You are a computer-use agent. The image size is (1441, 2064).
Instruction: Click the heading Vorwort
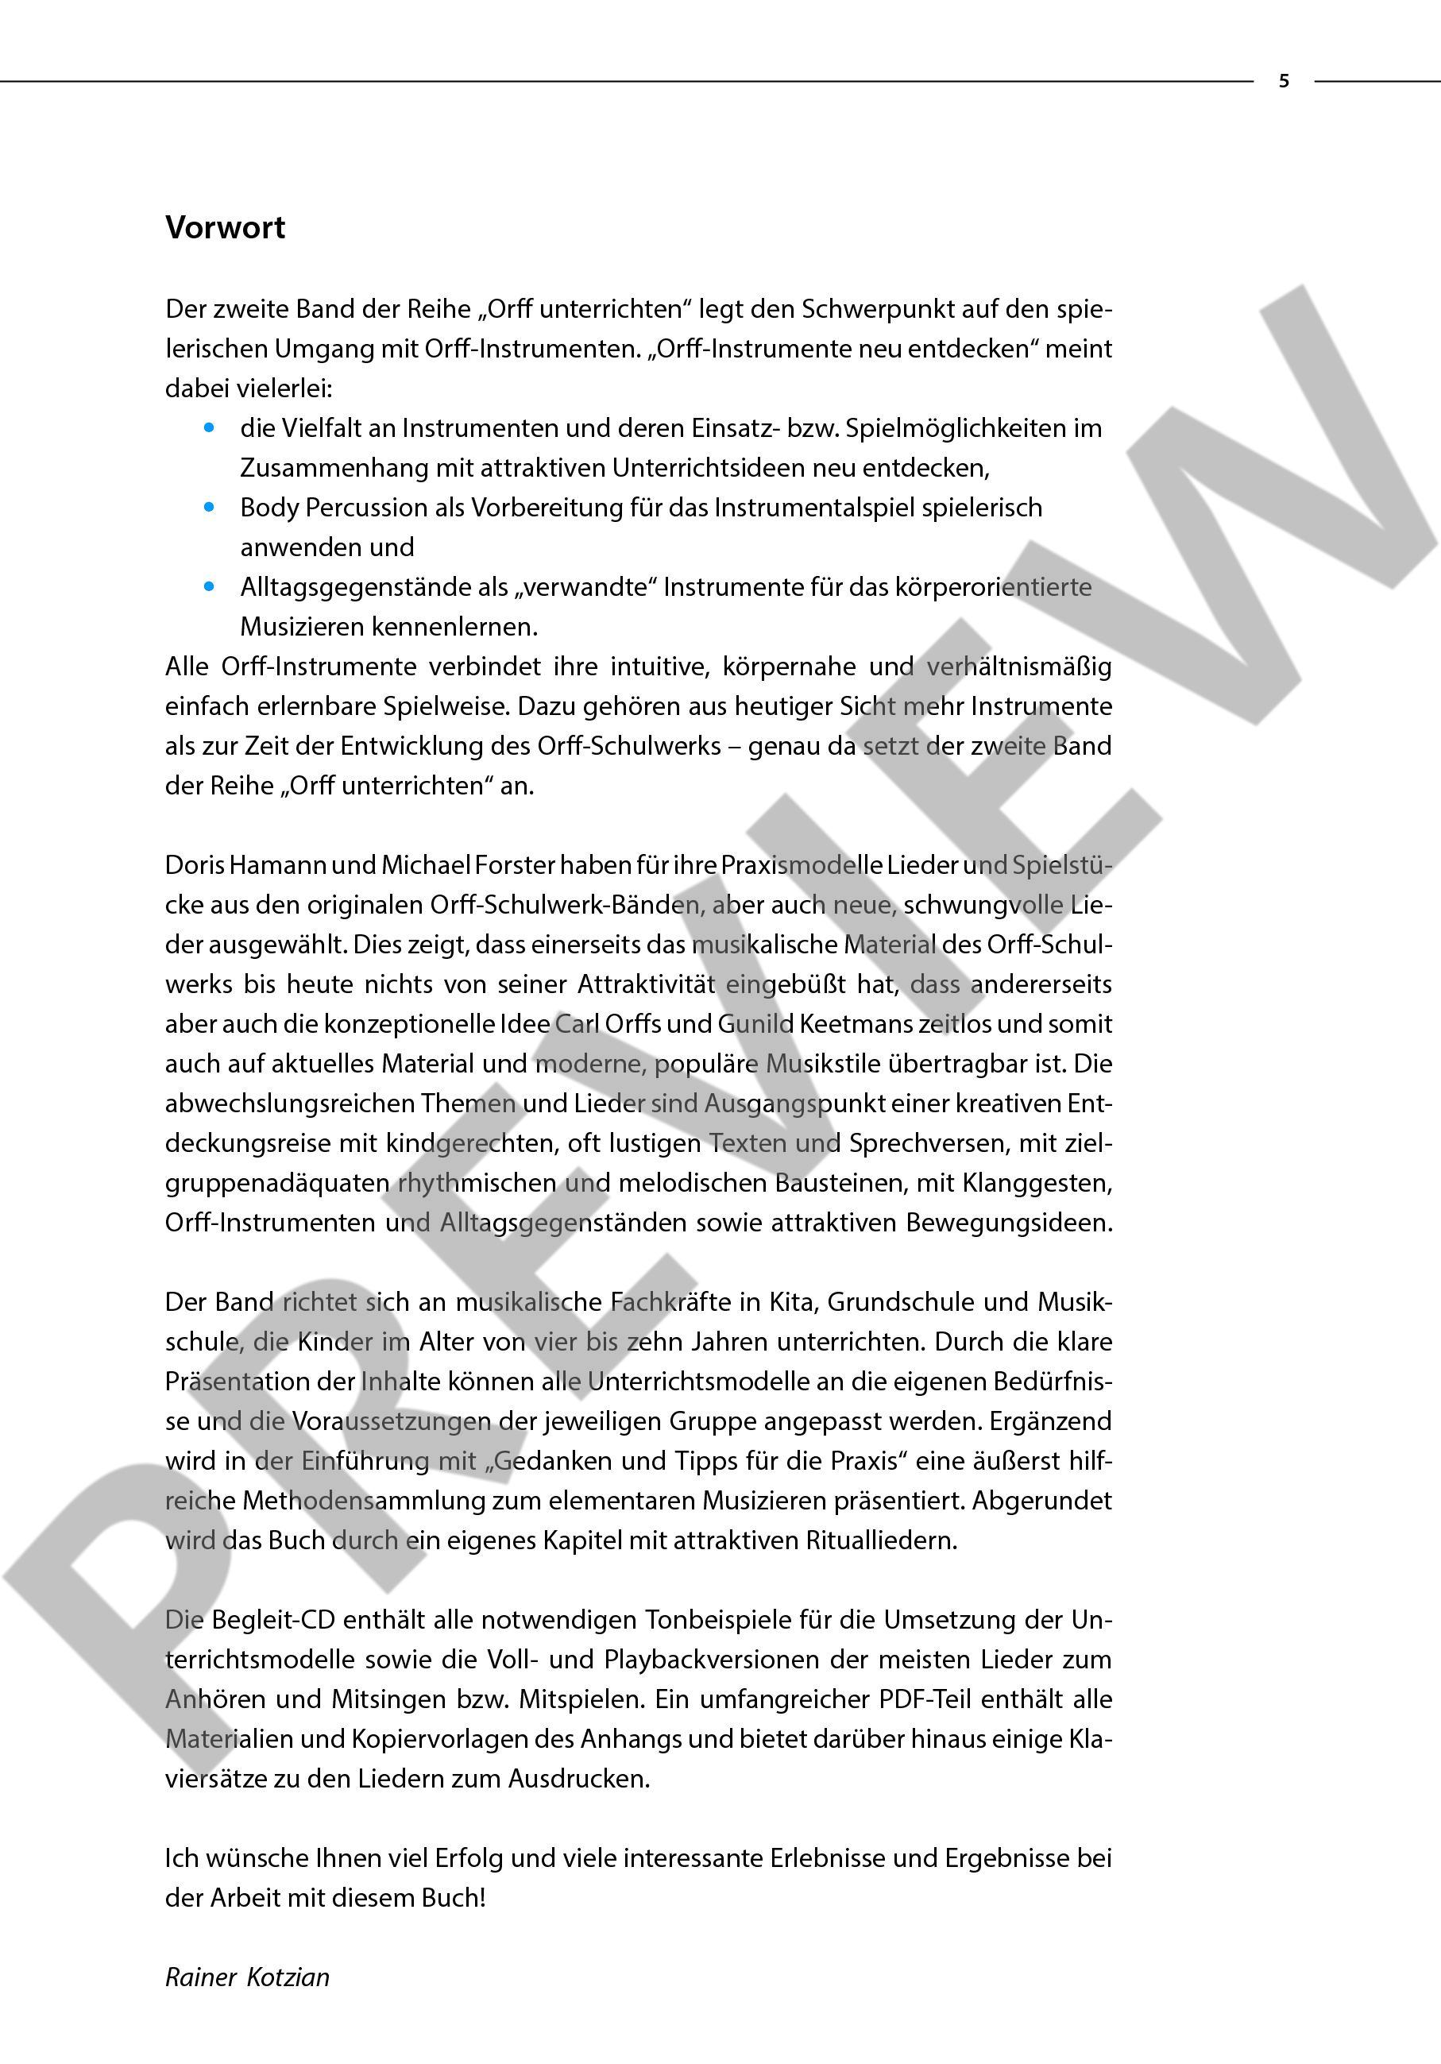[x=225, y=228]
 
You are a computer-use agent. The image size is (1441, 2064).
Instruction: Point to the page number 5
[x=1284, y=82]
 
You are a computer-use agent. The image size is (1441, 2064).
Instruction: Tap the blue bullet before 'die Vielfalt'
[x=210, y=429]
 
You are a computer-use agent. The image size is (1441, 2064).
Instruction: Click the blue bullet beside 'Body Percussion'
[x=210, y=508]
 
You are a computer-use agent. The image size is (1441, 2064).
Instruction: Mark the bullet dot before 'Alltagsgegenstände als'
[x=210, y=588]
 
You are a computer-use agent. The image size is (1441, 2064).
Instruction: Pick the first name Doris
[x=193, y=865]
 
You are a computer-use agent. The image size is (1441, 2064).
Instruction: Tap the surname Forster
[x=511, y=865]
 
